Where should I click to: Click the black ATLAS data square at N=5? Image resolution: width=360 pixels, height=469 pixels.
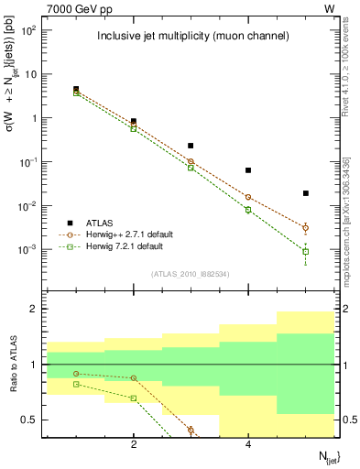306,193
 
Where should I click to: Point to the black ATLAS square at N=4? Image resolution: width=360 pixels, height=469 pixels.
248,170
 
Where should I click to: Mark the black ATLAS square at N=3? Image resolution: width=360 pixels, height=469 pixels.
191,146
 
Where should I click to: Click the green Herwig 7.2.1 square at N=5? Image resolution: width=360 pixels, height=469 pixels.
306,251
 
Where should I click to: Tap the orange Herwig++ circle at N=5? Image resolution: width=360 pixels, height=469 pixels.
306,227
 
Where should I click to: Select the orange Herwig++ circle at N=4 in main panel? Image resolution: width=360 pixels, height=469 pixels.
248,197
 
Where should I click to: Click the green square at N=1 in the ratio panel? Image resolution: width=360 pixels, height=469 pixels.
76,384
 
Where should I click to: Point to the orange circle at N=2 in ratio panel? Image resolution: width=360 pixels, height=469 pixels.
134,377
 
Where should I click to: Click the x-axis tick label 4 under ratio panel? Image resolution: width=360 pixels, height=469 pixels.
248,444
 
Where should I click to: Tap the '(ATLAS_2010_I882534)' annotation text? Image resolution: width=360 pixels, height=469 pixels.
191,273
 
